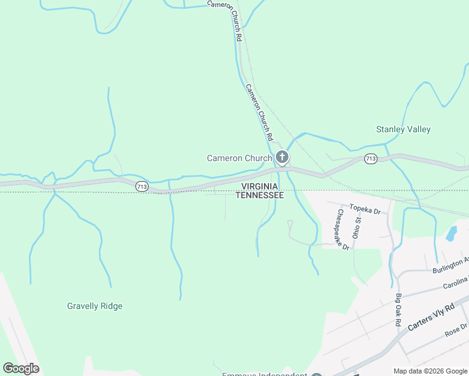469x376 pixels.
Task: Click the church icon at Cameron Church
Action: pyautogui.click(x=282, y=157)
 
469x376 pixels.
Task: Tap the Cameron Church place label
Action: pyautogui.click(x=240, y=158)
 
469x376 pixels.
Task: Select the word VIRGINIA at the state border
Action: pyautogui.click(x=260, y=187)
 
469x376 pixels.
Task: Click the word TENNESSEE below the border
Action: pyautogui.click(x=260, y=196)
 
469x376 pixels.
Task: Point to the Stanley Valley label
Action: pyautogui.click(x=403, y=129)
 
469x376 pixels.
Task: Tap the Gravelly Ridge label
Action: pyautogui.click(x=95, y=306)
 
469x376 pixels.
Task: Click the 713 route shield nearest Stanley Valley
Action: pyautogui.click(x=370, y=159)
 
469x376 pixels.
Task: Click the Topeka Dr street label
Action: pyautogui.click(x=365, y=210)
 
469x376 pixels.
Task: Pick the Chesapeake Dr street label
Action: pyautogui.click(x=342, y=230)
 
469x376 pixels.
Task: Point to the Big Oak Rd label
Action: pyautogui.click(x=398, y=310)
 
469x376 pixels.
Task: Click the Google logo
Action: pyautogui.click(x=21, y=368)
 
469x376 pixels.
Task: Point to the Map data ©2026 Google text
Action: pyautogui.click(x=430, y=371)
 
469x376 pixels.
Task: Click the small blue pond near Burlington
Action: pyautogui.click(x=451, y=234)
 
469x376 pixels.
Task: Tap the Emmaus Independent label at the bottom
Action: pyautogui.click(x=263, y=374)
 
